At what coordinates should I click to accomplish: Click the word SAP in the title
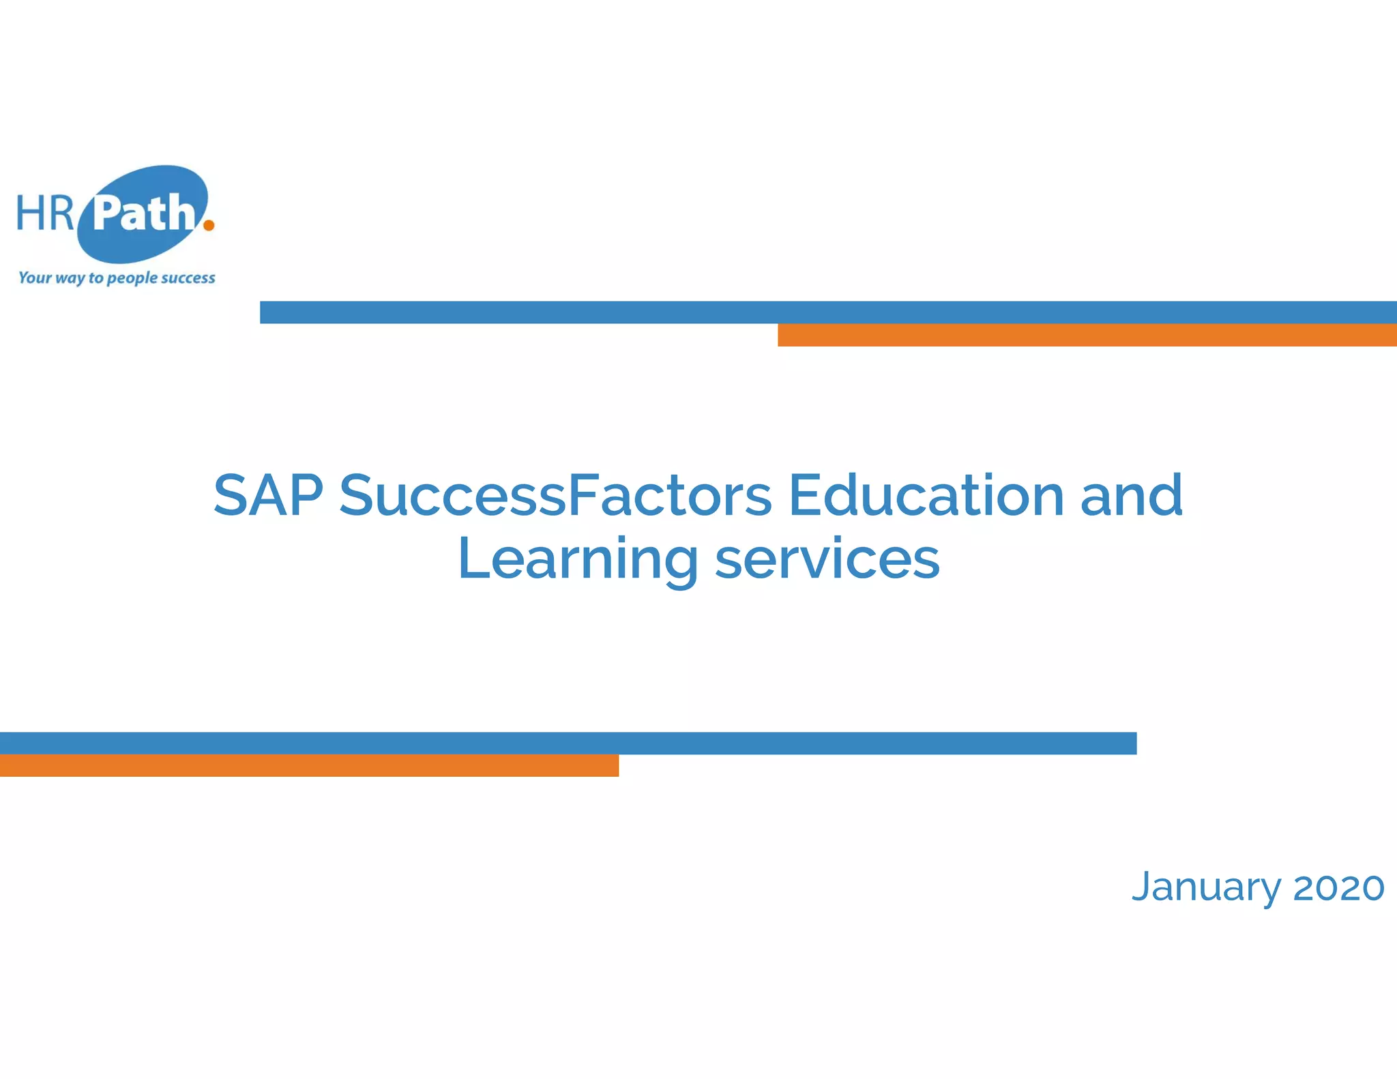(268, 495)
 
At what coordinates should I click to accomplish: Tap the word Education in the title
(926, 495)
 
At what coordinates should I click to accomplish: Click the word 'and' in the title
(1132, 495)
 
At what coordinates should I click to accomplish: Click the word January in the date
(1206, 887)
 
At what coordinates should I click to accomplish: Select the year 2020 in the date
(1338, 887)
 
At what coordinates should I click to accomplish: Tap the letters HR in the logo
(45, 213)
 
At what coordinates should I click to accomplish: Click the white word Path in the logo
(145, 213)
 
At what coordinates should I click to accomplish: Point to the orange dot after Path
(209, 224)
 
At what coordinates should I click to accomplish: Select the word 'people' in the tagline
(132, 278)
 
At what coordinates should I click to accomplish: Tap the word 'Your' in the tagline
(35, 278)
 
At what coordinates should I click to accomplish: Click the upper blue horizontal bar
(828, 312)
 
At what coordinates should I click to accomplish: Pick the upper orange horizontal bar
(1087, 335)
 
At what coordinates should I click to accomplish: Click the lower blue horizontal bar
(568, 743)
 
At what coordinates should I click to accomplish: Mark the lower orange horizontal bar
(309, 765)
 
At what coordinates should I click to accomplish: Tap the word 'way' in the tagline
(70, 278)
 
